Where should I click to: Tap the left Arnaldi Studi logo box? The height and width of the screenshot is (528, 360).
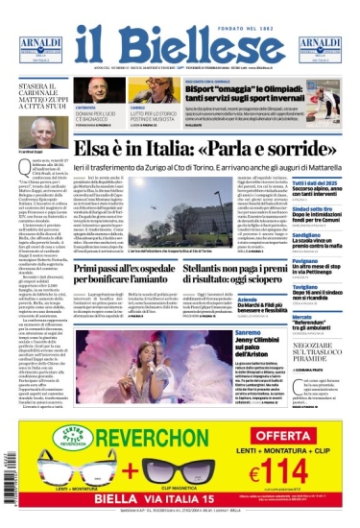[38, 48]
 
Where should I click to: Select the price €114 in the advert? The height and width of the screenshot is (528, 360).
[294, 470]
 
